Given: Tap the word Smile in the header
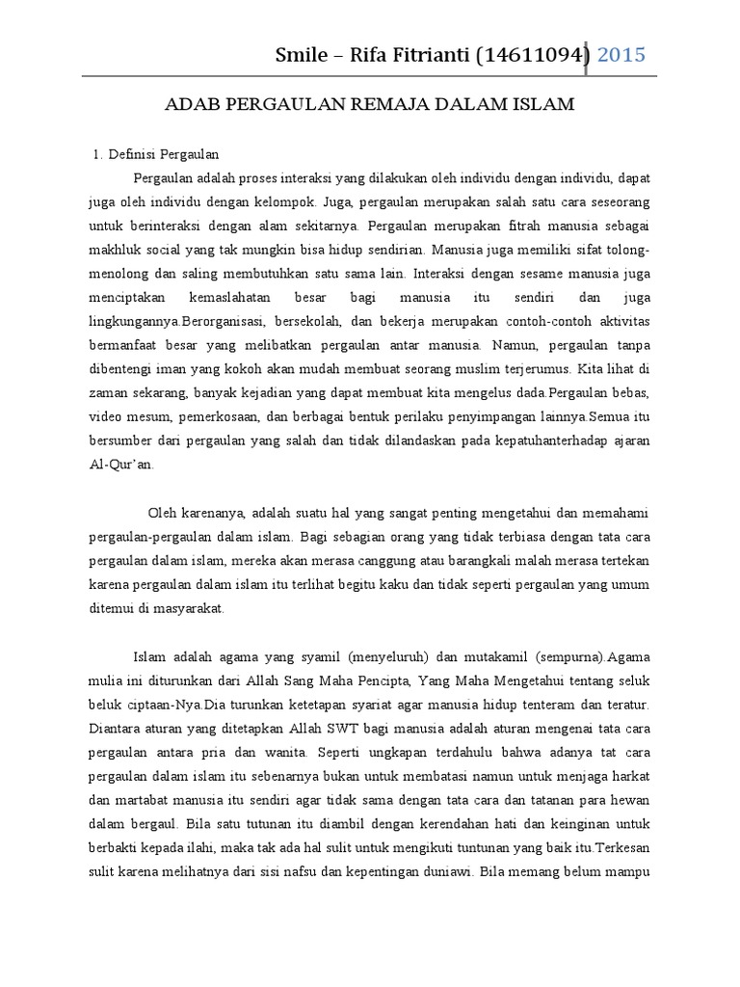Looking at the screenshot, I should click(302, 54).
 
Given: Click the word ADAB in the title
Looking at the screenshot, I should click(197, 104).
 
